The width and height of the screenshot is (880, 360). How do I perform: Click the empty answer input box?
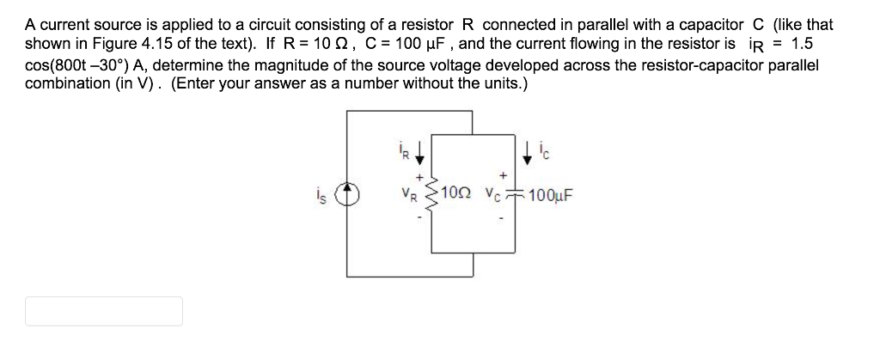pos(104,311)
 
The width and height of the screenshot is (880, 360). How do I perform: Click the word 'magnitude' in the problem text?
pos(263,59)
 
